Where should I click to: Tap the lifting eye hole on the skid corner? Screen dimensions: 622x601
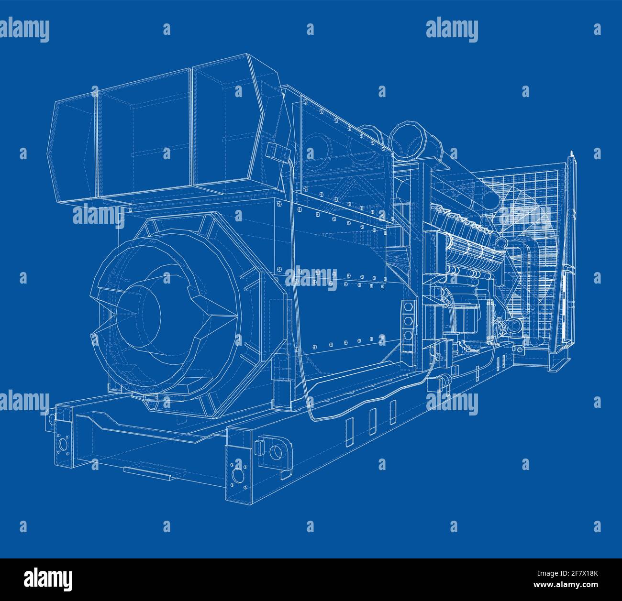coord(276,451)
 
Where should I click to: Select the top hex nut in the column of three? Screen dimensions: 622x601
coord(408,306)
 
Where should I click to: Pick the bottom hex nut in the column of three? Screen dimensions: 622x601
coord(408,335)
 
